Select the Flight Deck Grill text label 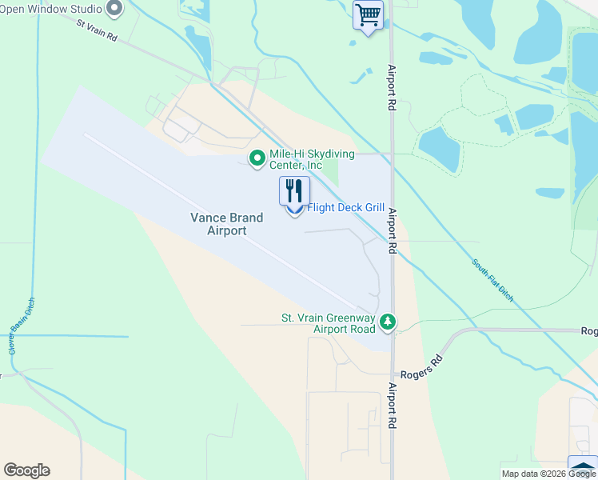coord(345,207)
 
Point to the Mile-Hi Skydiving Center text coord(296,159)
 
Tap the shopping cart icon coord(368,14)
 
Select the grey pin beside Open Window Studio coord(114,10)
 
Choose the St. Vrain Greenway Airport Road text coord(328,323)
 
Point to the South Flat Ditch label coord(492,280)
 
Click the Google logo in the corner coord(26,470)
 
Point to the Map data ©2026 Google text coord(548,474)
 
